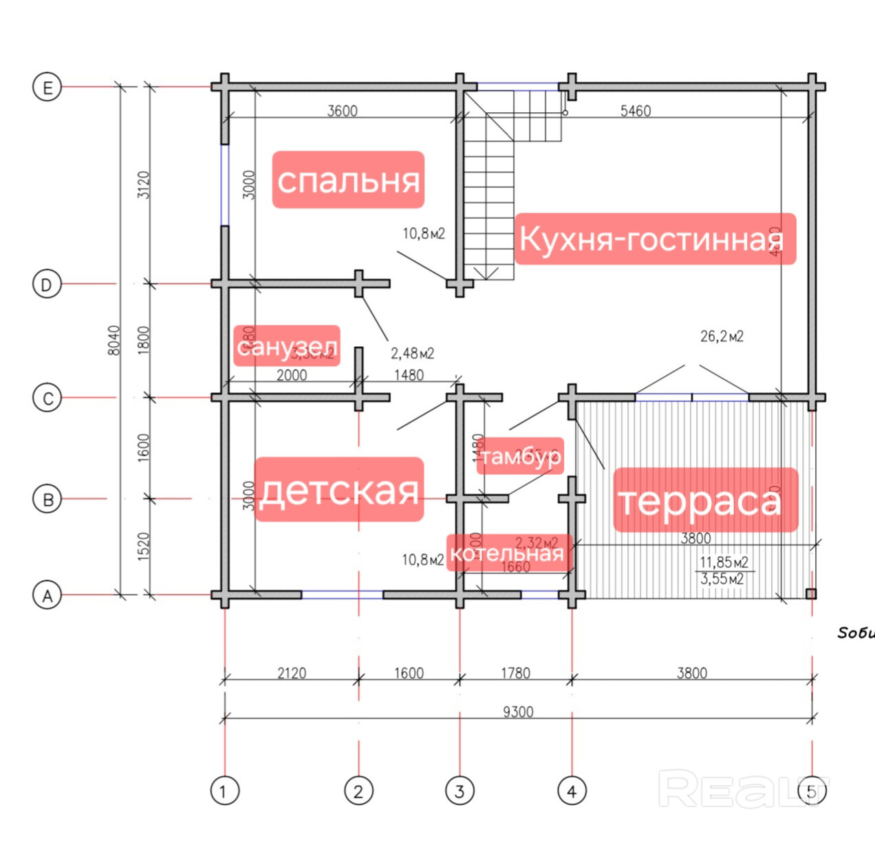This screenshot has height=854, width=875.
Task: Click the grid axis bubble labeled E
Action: tap(47, 87)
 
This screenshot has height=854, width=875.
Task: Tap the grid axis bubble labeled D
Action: tap(47, 284)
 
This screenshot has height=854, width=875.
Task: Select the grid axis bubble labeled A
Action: tap(47, 595)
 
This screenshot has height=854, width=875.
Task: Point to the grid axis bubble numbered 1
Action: tap(224, 791)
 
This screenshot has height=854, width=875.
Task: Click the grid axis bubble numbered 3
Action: tap(460, 791)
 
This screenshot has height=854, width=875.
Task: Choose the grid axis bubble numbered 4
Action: tap(572, 791)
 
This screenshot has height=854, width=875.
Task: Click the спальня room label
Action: tap(348, 180)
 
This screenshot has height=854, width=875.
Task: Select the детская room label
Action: tap(339, 490)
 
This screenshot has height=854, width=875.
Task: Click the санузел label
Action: tap(287, 346)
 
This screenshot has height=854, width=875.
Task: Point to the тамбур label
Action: tap(520, 456)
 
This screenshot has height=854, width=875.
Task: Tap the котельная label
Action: tap(508, 553)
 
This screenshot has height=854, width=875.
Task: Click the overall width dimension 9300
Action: tap(517, 712)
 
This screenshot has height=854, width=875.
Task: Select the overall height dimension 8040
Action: tap(114, 340)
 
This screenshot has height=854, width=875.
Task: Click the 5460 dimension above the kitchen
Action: tap(635, 111)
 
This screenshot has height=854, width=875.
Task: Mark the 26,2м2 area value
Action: tap(722, 337)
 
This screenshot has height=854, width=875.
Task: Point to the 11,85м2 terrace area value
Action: tap(724, 562)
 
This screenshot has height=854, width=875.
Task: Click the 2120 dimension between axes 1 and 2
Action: tap(291, 672)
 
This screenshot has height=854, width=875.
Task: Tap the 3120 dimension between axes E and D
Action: tap(143, 184)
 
